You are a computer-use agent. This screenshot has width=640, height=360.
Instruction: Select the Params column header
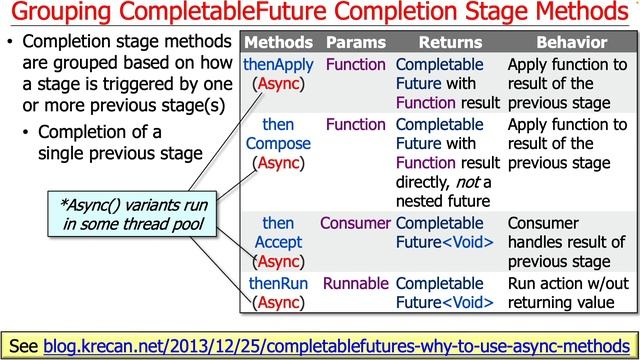pos(355,44)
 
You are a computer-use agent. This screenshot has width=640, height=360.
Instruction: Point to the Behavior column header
pos(571,44)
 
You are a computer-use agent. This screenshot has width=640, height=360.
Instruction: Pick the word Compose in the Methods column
pos(278,144)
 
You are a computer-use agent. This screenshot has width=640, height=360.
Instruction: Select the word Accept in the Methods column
pos(278,242)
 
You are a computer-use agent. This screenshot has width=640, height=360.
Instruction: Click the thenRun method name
pos(278,282)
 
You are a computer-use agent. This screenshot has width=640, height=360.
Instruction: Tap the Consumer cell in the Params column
pos(355,223)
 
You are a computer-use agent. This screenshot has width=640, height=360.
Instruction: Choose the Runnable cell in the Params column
pos(355,282)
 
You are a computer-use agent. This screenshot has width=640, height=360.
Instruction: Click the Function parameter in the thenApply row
pos(355,64)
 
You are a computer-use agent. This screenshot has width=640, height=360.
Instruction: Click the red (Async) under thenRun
pos(278,301)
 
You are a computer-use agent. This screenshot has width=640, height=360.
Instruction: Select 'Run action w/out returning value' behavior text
pos(566,291)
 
